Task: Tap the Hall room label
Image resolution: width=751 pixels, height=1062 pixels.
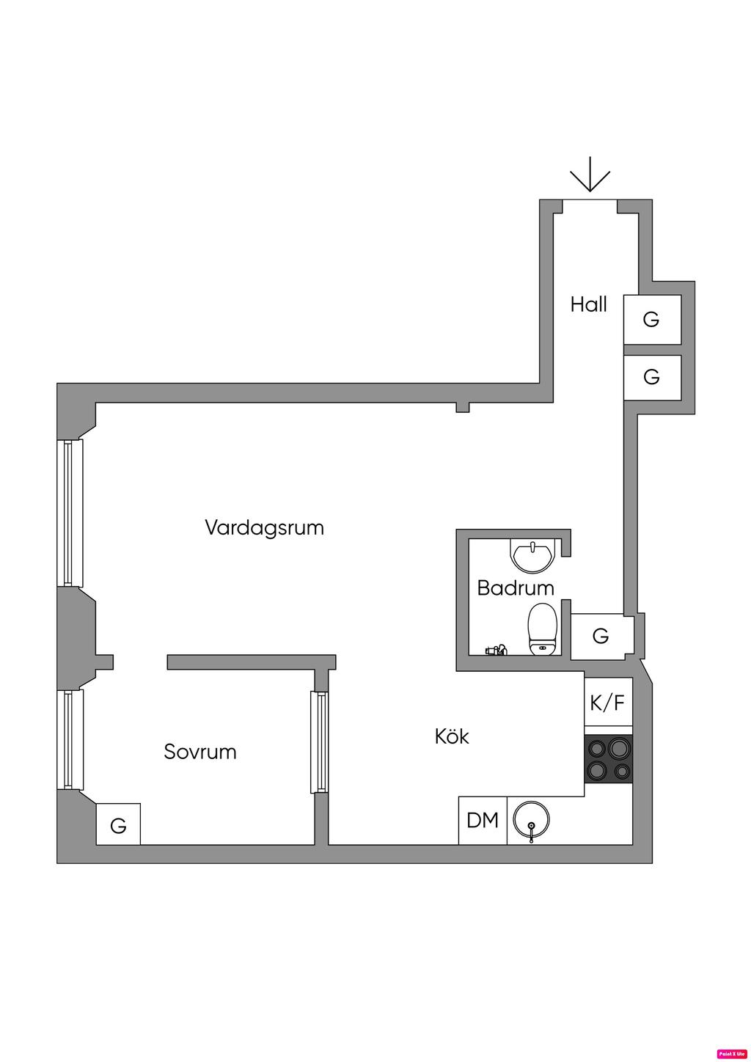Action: (589, 304)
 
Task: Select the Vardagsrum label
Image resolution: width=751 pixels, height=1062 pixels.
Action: (264, 527)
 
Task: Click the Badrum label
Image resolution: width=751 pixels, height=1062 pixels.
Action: (516, 587)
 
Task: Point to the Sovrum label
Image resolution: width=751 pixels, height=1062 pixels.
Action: (200, 752)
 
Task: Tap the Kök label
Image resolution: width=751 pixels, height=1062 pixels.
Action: (452, 736)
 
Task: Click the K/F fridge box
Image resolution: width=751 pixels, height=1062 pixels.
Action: (608, 703)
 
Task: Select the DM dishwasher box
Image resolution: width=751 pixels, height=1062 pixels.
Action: (483, 820)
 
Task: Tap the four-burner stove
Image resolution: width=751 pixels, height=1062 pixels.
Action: (608, 758)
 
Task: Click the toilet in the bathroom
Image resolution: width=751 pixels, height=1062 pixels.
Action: (543, 629)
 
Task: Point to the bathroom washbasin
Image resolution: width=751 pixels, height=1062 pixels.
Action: (533, 555)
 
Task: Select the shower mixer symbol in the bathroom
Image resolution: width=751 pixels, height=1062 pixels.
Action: (495, 650)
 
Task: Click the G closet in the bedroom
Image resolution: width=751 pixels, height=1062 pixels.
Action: (118, 824)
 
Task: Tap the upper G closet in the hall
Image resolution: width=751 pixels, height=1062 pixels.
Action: (652, 319)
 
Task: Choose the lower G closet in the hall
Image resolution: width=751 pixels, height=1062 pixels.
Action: (652, 377)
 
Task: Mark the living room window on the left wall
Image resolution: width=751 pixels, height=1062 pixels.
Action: (70, 513)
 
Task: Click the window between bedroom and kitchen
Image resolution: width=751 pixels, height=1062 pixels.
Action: (319, 741)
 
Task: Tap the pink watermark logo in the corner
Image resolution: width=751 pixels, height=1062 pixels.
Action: (731, 1053)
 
